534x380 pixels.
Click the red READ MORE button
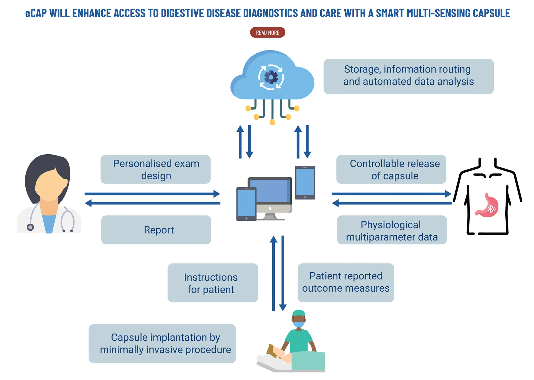[x=268, y=33]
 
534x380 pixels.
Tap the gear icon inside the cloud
[x=271, y=77]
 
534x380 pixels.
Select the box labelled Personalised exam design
[x=155, y=169]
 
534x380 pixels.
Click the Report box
[x=156, y=230]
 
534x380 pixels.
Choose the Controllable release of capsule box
[x=391, y=169]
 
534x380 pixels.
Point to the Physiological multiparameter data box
[x=392, y=230]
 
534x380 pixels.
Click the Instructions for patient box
[x=213, y=283]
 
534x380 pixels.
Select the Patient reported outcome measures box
[x=346, y=283]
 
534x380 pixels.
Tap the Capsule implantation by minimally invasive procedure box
[x=162, y=344]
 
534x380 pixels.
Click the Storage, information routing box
[x=409, y=76]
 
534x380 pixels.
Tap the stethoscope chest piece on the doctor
[x=30, y=227]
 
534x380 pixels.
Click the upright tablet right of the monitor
[x=305, y=183]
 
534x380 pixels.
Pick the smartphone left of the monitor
[x=246, y=204]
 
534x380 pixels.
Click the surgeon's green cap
[x=299, y=313]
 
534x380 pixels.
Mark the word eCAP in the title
[x=36, y=13]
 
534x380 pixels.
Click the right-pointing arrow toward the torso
[x=391, y=194]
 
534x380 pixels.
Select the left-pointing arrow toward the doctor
[x=152, y=203]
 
